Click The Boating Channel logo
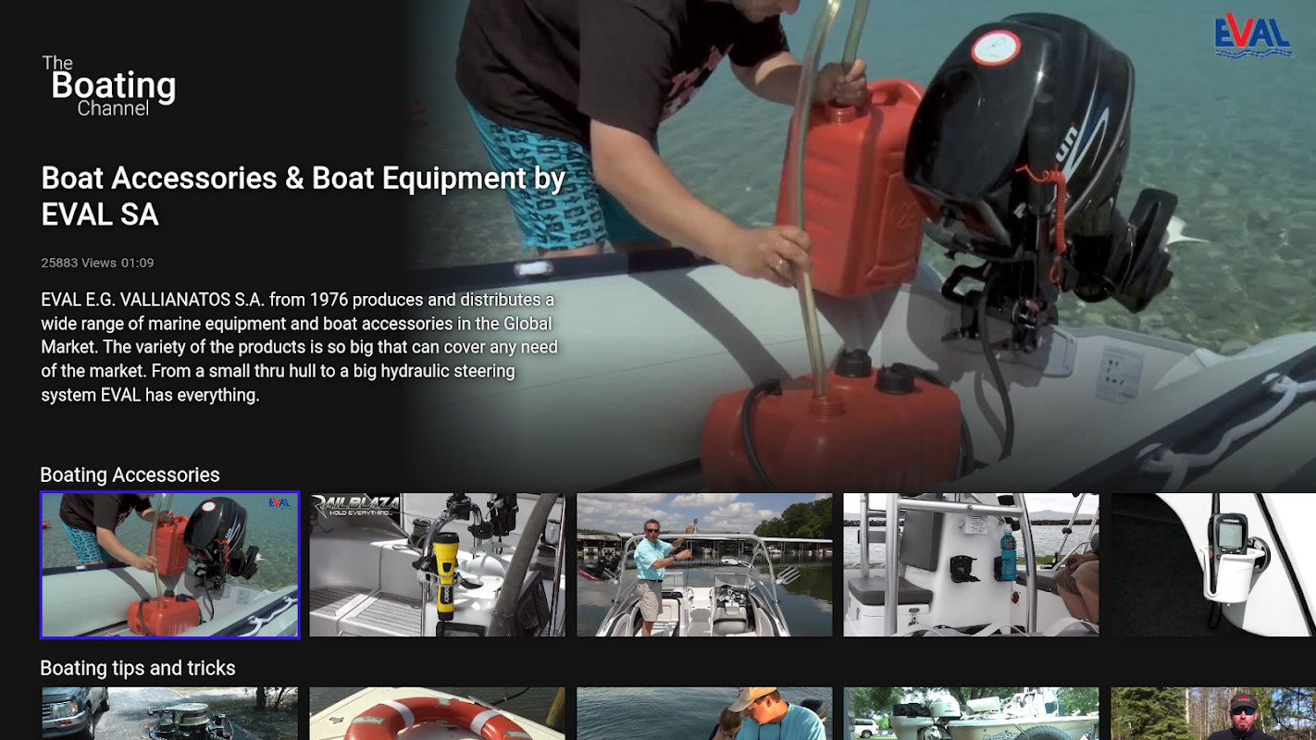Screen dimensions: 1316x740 pyautogui.click(x=108, y=86)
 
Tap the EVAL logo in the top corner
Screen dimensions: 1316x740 pyautogui.click(x=1253, y=37)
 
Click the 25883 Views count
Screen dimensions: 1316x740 pyautogui.click(x=79, y=263)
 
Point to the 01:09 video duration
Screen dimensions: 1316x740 pyautogui.click(x=138, y=263)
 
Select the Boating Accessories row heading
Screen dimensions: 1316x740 pyautogui.click(x=130, y=475)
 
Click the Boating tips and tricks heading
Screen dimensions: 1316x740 pyautogui.click(x=138, y=668)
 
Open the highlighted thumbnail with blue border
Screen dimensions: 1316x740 pyautogui.click(x=169, y=565)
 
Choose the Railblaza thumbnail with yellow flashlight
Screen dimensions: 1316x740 pyautogui.click(x=437, y=565)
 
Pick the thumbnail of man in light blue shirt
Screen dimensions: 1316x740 pyautogui.click(x=704, y=565)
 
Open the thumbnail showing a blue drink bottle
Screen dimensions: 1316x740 pyautogui.click(x=971, y=565)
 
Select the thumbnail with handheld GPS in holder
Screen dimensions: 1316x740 pyautogui.click(x=1213, y=565)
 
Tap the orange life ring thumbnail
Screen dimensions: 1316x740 pyautogui.click(x=437, y=713)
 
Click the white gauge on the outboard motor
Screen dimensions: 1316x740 pyautogui.click(x=995, y=47)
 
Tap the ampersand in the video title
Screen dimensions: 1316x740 pyautogui.click(x=293, y=178)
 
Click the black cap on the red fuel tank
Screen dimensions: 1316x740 pyautogui.click(x=852, y=363)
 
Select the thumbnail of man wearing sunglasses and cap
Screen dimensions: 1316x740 pyautogui.click(x=1213, y=713)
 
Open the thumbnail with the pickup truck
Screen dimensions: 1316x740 pyautogui.click(x=169, y=713)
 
